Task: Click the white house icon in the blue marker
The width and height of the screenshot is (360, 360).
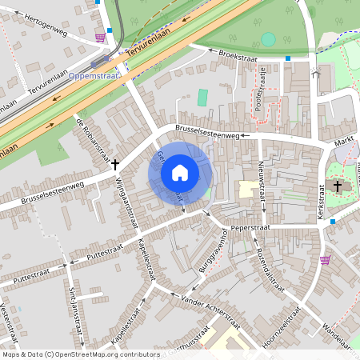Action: pos(180,172)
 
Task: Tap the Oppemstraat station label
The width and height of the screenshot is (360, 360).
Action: pos(94,75)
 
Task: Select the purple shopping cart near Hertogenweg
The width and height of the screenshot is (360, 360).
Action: pos(100,37)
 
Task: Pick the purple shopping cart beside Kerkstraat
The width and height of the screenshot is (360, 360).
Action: pos(325,259)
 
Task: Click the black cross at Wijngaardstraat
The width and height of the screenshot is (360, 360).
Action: pos(115,164)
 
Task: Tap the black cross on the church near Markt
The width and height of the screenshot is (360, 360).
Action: pos(337,186)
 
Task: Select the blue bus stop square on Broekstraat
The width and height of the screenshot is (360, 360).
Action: pos(288,58)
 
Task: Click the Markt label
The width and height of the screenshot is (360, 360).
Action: pos(344,141)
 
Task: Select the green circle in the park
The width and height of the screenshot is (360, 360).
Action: pos(268,38)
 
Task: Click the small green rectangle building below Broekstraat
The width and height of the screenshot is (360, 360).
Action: pos(202,98)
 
